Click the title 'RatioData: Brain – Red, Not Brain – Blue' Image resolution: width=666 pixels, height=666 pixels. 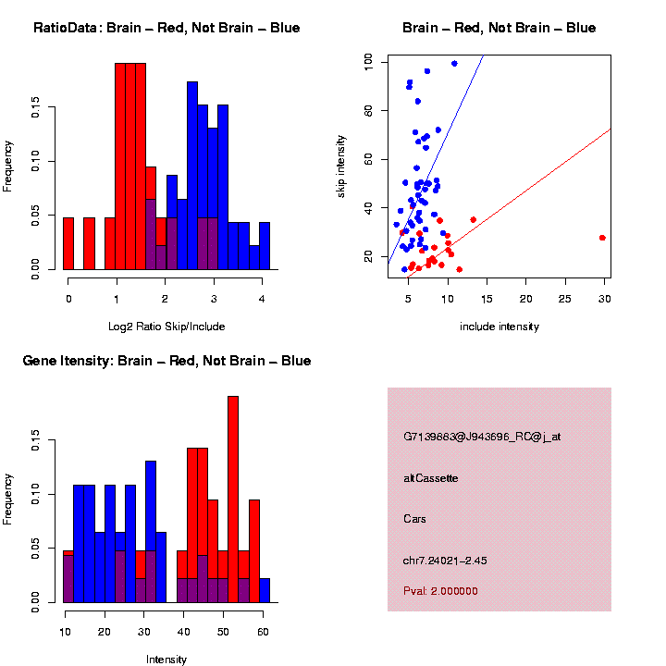(166, 28)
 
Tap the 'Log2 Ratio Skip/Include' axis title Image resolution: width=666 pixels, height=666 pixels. (166, 327)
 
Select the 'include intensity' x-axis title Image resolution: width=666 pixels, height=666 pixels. (499, 327)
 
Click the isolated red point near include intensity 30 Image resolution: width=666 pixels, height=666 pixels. (602, 238)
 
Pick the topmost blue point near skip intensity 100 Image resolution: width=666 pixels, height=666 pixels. (454, 64)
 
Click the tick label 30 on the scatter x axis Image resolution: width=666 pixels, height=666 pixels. (604, 300)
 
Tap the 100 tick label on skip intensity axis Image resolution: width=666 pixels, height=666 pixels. (369, 61)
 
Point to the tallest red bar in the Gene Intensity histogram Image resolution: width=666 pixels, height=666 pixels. (233, 499)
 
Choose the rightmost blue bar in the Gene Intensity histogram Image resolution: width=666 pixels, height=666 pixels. (265, 590)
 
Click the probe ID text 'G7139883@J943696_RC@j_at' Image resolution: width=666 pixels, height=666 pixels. (481, 437)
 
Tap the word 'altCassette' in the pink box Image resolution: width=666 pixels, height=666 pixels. (431, 478)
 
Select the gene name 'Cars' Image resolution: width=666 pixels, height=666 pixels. (415, 519)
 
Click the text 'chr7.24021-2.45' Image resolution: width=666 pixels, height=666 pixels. (445, 560)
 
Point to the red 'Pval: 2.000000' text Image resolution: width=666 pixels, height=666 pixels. (440, 591)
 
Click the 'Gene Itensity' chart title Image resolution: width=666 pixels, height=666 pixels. (166, 361)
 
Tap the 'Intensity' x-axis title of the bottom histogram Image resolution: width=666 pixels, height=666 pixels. (166, 660)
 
